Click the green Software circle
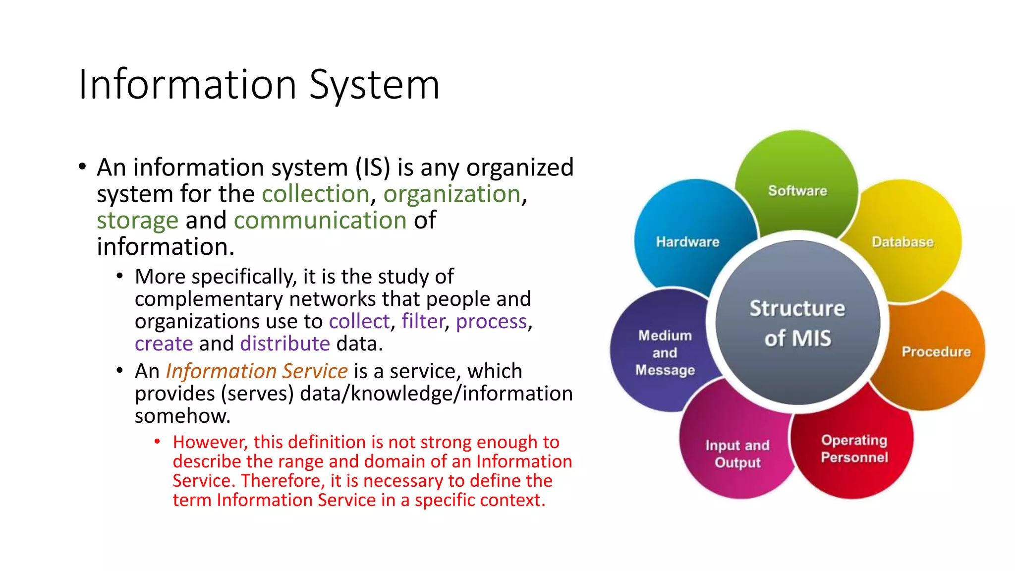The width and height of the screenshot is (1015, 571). click(797, 183)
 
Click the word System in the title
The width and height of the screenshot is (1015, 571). click(374, 85)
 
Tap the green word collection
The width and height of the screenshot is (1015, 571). click(315, 194)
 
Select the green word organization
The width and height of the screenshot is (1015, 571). click(452, 194)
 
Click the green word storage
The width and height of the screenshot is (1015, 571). click(137, 220)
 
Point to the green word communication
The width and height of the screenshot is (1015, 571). click(320, 220)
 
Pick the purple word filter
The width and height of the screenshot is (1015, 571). click(422, 321)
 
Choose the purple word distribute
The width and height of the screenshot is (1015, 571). click(285, 343)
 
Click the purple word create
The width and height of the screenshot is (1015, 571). click(164, 343)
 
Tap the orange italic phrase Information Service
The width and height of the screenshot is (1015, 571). click(256, 371)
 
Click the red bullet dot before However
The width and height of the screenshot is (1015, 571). click(157, 441)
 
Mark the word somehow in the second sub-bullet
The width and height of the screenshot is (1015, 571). click(182, 416)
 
